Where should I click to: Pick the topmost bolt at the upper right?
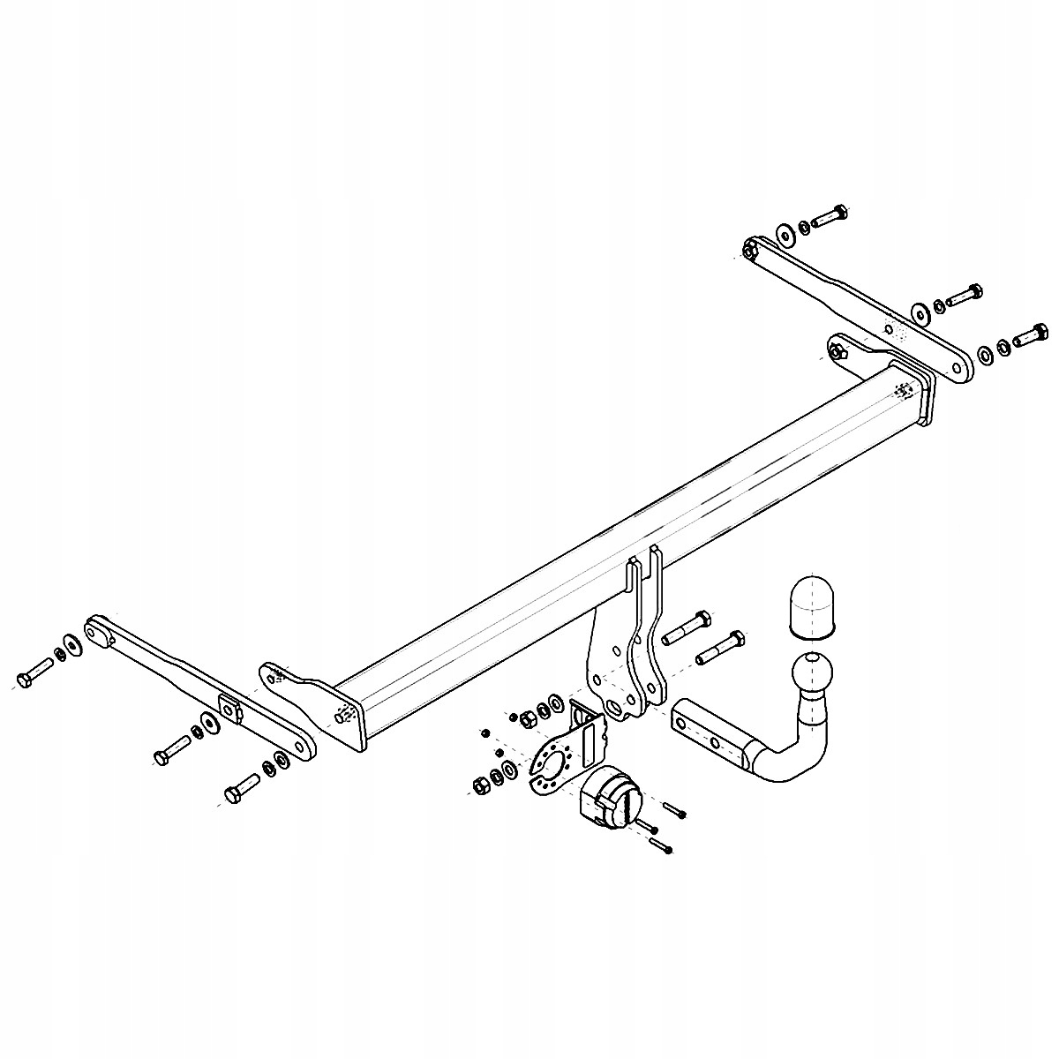tap(829, 214)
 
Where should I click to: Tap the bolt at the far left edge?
tap(34, 676)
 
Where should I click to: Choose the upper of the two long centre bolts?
tap(685, 625)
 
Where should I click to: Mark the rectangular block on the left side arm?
tap(231, 708)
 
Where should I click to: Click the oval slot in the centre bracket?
tap(612, 708)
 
